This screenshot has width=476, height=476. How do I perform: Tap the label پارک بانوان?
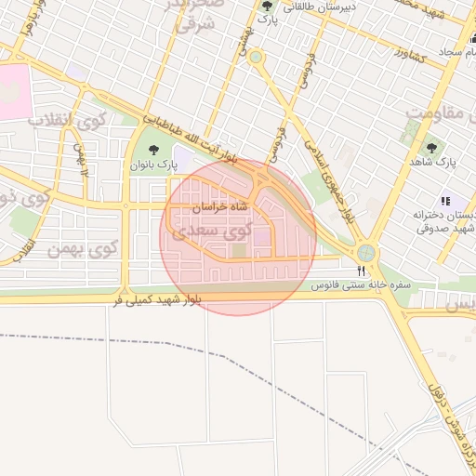(x=152, y=165)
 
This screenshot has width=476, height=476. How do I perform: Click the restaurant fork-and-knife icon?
(x=361, y=270)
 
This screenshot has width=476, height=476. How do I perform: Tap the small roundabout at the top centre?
(x=256, y=58)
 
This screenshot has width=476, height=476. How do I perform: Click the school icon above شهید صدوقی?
(x=445, y=200)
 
